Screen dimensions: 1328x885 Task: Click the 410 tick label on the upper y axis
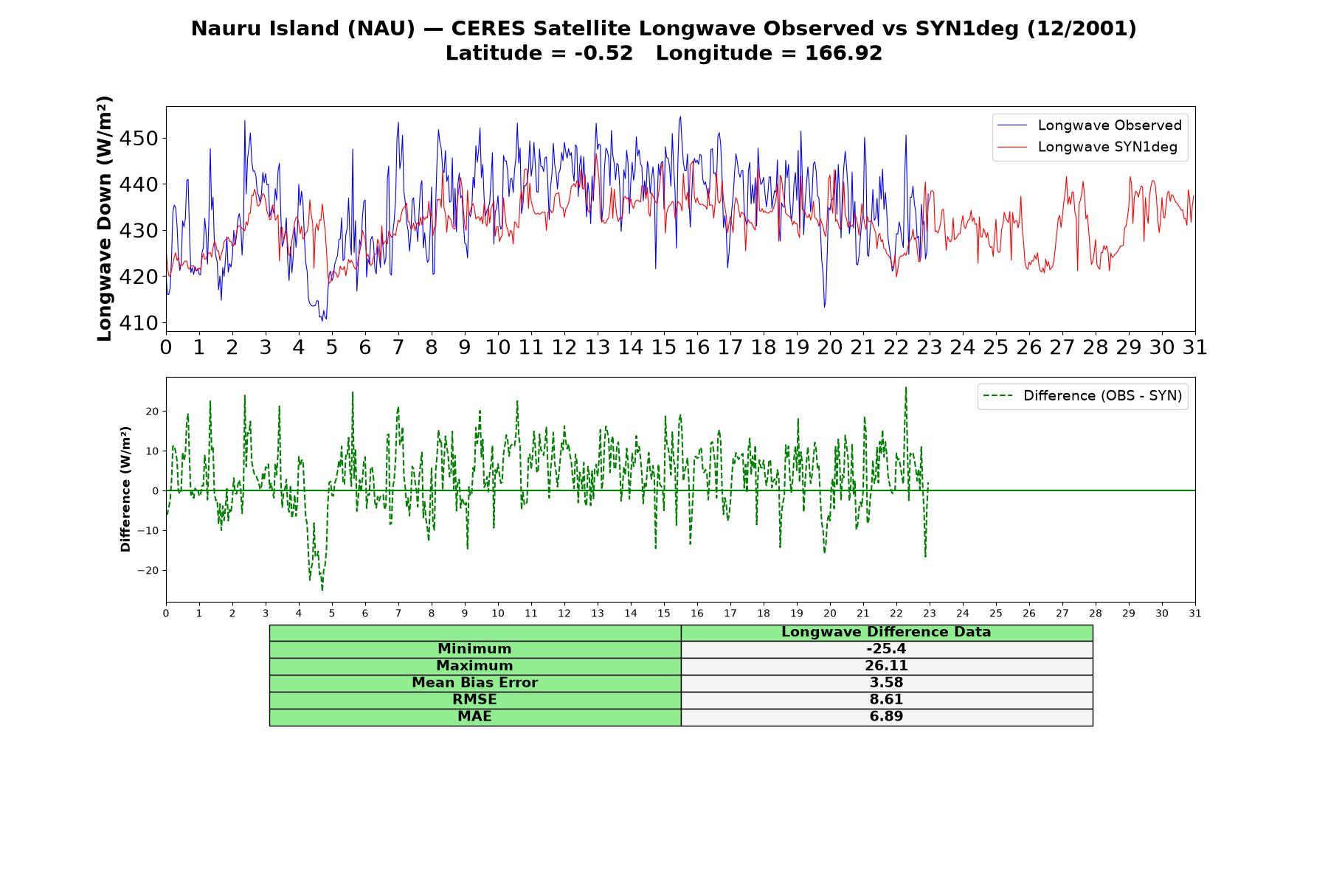143,323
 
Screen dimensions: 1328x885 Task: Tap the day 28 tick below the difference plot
1096,613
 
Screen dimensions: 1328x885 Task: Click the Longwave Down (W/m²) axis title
104,218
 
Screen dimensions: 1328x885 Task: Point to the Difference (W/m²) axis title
125,489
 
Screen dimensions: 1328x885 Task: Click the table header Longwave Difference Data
886,632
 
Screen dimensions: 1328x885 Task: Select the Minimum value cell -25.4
886,649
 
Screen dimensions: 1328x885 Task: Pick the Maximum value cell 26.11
886,666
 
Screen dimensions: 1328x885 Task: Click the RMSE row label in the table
475,700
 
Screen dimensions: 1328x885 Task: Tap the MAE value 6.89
886,717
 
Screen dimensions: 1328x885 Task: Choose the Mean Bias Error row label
475,683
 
